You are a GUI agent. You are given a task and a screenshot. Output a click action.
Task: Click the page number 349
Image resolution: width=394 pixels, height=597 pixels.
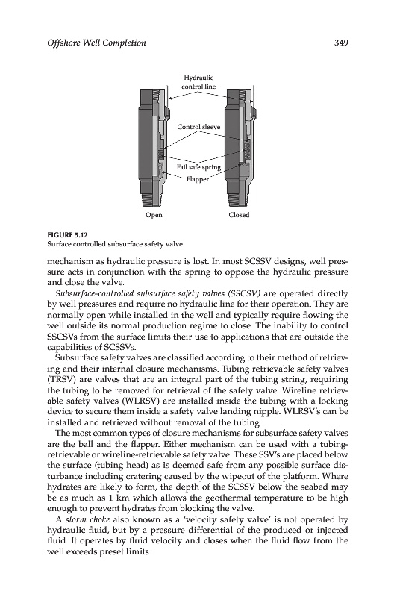341,43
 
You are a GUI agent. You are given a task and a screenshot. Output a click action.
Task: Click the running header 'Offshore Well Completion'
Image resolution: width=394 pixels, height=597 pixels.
96,43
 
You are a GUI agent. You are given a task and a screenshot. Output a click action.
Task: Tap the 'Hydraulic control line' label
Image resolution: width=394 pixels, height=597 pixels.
198,82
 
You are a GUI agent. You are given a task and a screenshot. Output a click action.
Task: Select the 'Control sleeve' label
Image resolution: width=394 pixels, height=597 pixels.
198,127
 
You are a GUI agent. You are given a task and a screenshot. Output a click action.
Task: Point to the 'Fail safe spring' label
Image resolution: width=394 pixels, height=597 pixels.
198,167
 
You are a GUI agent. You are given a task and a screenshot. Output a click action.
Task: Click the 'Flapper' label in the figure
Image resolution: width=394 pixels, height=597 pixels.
198,179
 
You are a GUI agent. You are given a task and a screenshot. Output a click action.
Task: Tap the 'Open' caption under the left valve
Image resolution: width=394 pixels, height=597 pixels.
154,215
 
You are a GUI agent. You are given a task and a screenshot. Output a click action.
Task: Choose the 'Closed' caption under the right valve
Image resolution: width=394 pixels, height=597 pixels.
239,215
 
